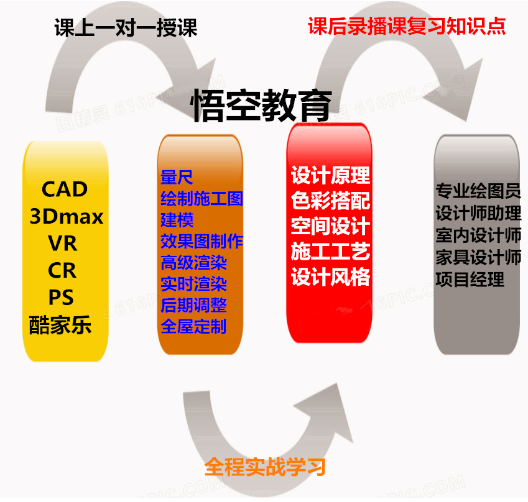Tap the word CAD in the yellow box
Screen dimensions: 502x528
(x=65, y=189)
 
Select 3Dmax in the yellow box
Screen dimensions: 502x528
(x=67, y=216)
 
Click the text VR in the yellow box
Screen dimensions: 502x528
(x=63, y=244)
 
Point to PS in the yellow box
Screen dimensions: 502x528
(x=62, y=298)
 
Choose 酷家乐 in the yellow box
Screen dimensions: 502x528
(x=60, y=325)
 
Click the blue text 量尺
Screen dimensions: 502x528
(x=177, y=178)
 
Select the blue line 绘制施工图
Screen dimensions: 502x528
(x=201, y=199)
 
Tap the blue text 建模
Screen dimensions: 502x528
(x=177, y=220)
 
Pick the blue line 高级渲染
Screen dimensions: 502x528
(x=193, y=262)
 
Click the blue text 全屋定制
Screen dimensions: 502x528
(x=193, y=326)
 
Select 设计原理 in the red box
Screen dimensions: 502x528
(x=330, y=176)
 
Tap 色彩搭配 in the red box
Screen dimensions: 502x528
(x=330, y=201)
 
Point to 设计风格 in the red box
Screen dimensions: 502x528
(x=330, y=276)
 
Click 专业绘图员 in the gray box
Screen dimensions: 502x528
(x=478, y=191)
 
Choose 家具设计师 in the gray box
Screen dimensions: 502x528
(x=478, y=257)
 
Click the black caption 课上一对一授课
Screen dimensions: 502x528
(x=126, y=28)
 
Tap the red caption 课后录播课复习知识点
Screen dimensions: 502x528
(x=407, y=26)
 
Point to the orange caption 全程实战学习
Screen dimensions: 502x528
(x=265, y=467)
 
